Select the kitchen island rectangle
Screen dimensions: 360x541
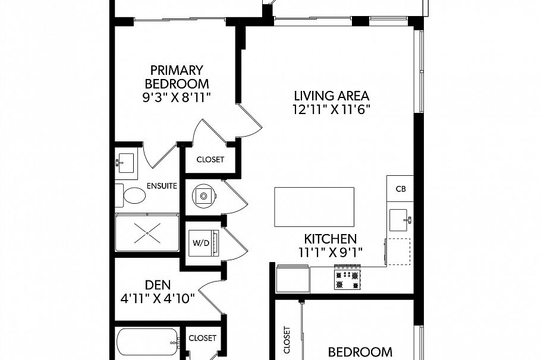pyautogui.click(x=314, y=207)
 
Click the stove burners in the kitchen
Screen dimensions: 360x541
pyautogui.click(x=347, y=280)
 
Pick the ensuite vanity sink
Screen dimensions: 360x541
pyautogui.click(x=126, y=160)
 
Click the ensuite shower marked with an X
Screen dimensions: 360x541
pyautogui.click(x=146, y=234)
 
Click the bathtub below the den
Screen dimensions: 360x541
pyautogui.click(x=147, y=343)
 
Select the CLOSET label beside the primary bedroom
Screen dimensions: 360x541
pyautogui.click(x=210, y=159)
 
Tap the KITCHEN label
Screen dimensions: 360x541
pyautogui.click(x=330, y=238)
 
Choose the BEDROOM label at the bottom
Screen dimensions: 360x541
pyautogui.click(x=360, y=352)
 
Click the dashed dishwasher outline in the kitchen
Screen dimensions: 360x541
pyautogui.click(x=398, y=251)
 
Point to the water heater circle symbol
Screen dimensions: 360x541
pyautogui.click(x=204, y=195)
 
